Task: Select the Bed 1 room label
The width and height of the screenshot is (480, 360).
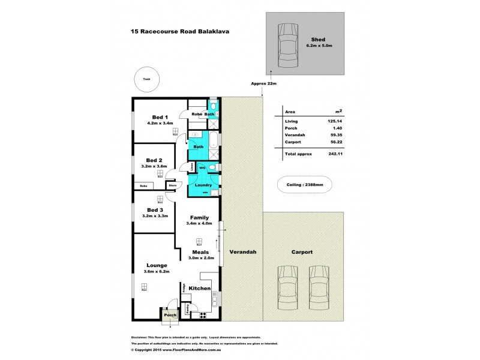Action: (160, 116)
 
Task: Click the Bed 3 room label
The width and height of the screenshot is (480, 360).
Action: (155, 210)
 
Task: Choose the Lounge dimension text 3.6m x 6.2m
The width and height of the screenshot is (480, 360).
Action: (155, 271)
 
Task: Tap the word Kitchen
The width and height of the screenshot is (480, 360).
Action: (199, 289)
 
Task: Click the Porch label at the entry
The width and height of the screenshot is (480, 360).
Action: (170, 315)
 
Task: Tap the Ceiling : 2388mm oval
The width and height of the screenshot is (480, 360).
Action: (304, 185)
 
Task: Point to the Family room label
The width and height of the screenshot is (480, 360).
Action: (199, 217)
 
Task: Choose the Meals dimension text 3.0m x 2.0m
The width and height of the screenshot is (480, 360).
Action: (199, 258)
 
